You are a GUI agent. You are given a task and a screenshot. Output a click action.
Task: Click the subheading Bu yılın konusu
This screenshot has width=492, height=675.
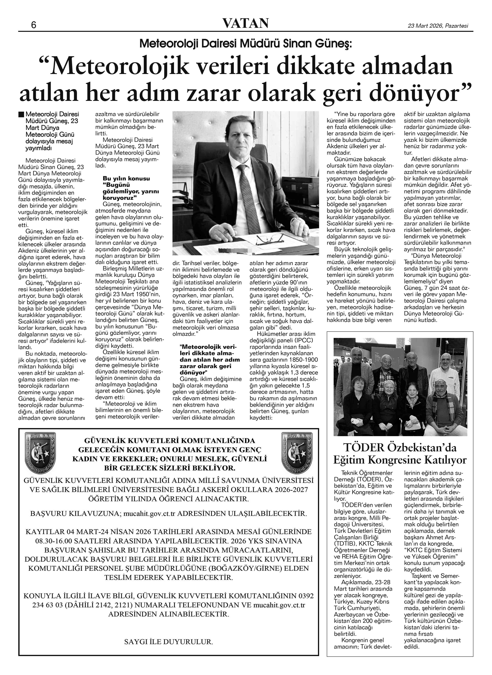tap(126, 178)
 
